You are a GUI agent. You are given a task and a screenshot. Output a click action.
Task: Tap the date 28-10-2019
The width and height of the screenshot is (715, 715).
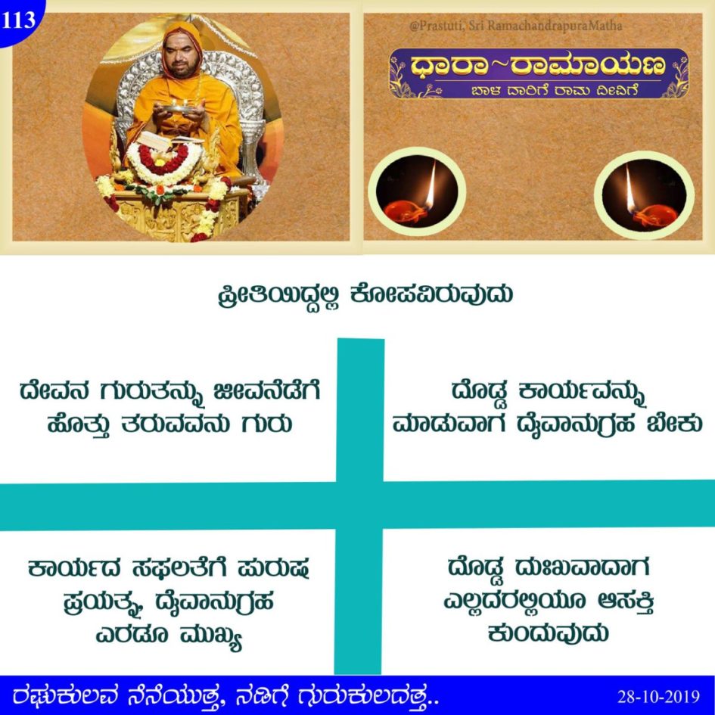point(658,697)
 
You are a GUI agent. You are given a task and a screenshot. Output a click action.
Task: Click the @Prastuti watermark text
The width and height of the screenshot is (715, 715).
point(516,26)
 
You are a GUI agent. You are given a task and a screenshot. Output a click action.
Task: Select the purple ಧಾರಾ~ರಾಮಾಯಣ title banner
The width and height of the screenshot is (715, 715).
point(539,73)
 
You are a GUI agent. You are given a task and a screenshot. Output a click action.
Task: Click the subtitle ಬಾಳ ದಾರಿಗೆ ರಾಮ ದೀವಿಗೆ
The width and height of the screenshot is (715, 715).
point(554,90)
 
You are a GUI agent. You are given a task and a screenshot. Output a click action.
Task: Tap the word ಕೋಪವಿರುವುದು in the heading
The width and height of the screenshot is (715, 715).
point(432,294)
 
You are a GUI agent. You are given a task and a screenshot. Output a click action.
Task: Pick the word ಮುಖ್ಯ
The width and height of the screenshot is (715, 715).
point(210,636)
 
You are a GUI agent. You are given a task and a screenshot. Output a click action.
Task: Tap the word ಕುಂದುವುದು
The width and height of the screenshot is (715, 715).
point(548,633)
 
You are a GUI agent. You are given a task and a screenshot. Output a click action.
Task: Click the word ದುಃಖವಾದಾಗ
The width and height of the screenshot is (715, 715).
point(582,567)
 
